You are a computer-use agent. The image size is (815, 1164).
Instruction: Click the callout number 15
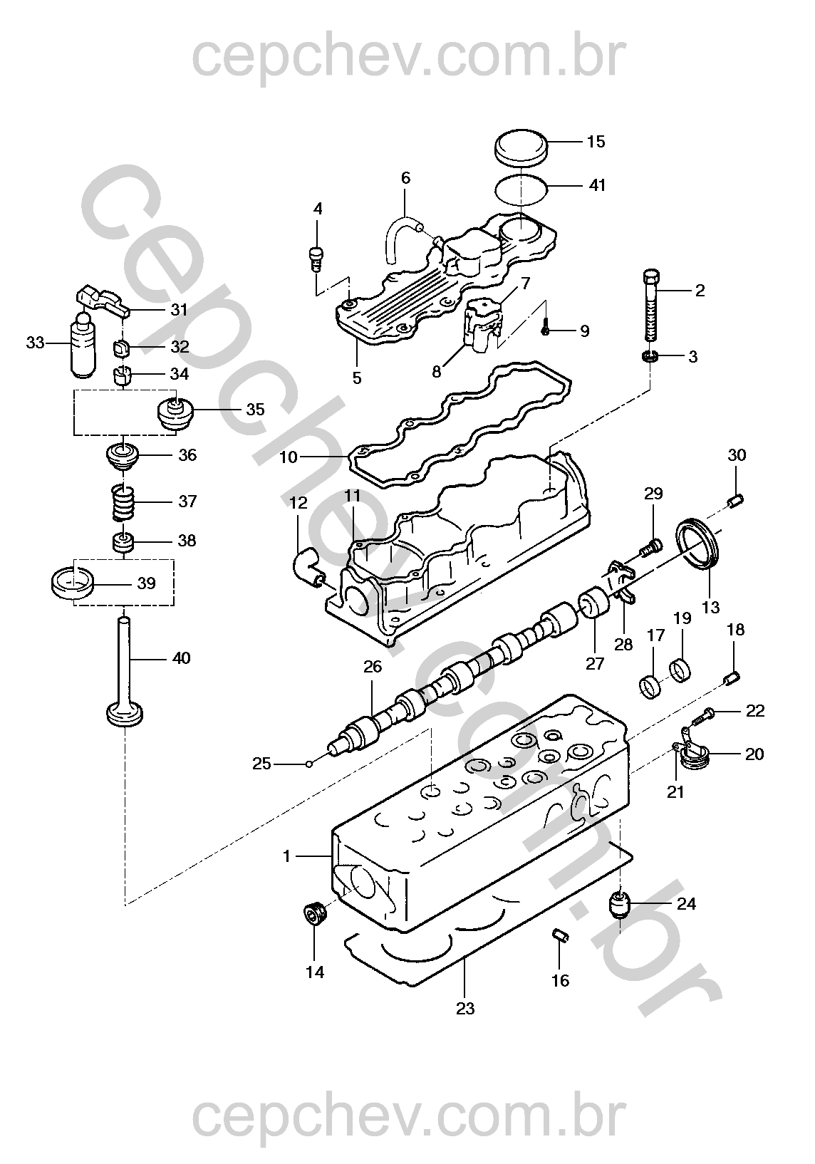[596, 142]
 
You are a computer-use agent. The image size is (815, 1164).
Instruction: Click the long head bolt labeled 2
[651, 307]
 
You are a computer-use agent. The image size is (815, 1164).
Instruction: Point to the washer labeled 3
[650, 355]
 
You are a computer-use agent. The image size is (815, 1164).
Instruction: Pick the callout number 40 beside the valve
[182, 658]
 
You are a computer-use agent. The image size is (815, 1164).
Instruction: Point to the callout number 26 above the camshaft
[373, 667]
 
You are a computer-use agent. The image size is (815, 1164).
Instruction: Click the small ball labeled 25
[308, 764]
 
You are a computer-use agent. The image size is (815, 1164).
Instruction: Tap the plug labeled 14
[313, 913]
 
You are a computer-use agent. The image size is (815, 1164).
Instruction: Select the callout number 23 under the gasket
[465, 1009]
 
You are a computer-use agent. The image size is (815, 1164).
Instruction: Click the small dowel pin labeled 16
[560, 935]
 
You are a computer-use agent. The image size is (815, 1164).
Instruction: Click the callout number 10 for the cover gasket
[288, 457]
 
